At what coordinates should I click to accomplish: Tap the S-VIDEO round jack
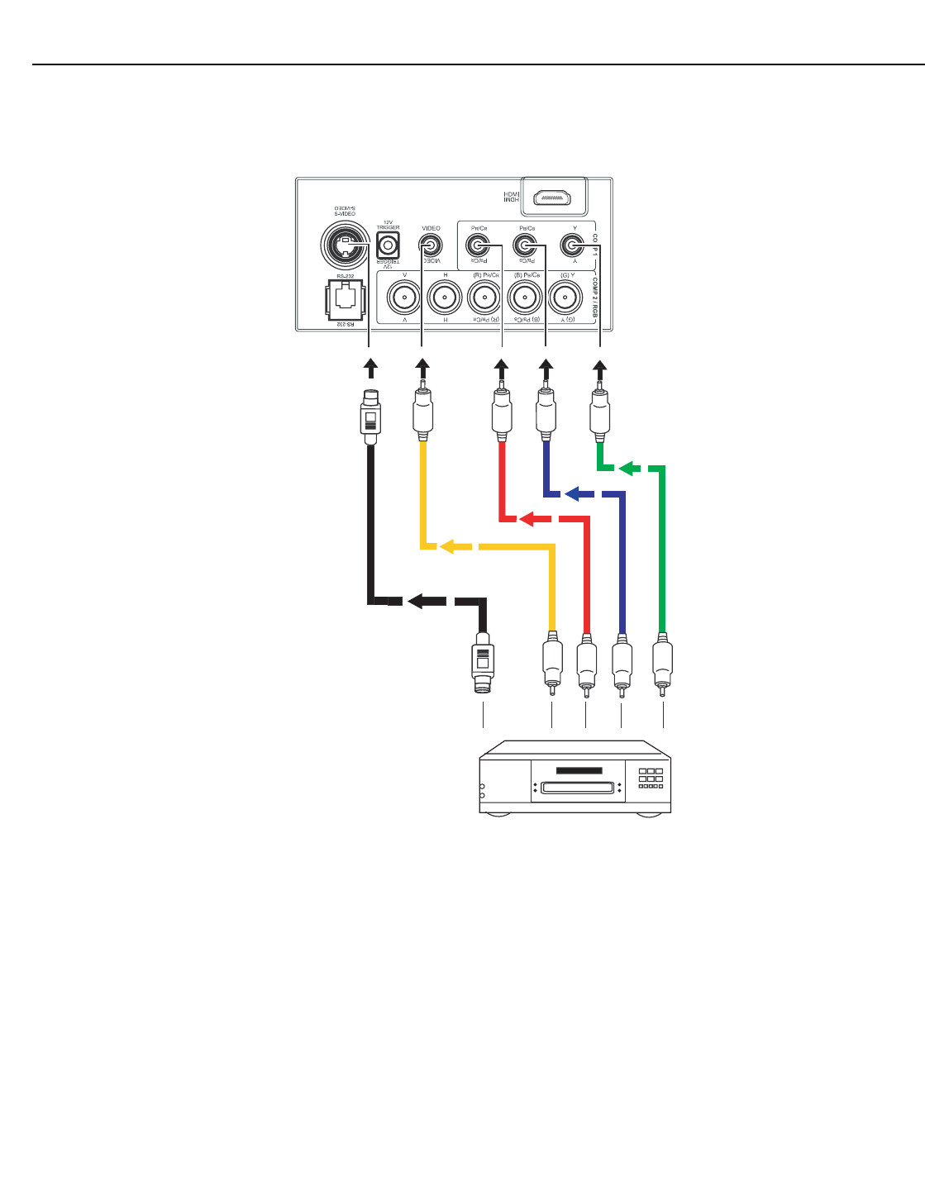coord(345,244)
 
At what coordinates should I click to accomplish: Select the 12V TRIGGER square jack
coord(388,245)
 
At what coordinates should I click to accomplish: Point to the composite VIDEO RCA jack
coord(430,245)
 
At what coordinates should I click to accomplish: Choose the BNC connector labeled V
coord(404,297)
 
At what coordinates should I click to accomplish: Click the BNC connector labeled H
coord(445,297)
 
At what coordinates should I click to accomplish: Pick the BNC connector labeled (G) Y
coord(566,297)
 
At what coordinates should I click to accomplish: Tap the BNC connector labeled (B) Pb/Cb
coord(525,297)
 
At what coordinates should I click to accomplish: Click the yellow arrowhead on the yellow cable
coord(449,546)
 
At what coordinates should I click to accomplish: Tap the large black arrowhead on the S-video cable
coord(426,601)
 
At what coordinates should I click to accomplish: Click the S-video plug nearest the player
coord(483,664)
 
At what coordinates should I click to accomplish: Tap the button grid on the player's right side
coord(651,778)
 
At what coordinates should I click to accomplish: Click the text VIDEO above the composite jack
coord(432,228)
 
